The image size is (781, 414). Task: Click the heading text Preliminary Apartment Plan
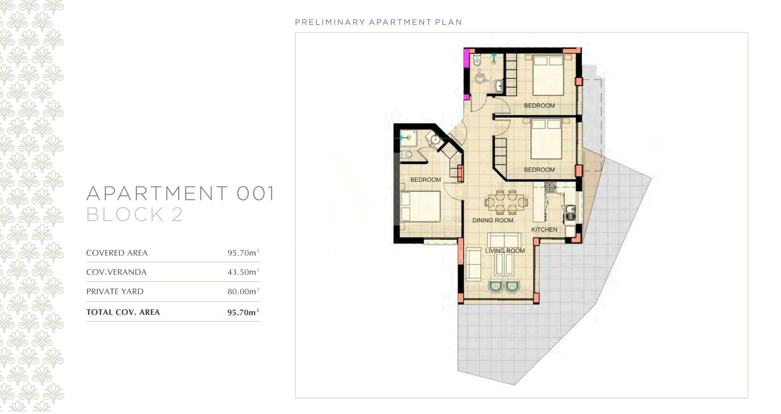pyautogui.click(x=378, y=22)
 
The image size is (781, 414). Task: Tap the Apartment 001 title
pyautogui.click(x=180, y=194)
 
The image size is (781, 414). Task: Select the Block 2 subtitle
pyautogui.click(x=135, y=215)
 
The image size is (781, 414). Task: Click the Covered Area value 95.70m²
pyautogui.click(x=243, y=253)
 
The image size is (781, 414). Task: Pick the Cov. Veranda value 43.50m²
pyautogui.click(x=243, y=272)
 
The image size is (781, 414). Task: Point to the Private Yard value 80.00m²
pyautogui.click(x=243, y=292)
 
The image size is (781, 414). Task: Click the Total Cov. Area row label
pyautogui.click(x=123, y=312)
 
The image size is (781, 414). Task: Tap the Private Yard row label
pyautogui.click(x=115, y=292)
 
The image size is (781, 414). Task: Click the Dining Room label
pyautogui.click(x=493, y=221)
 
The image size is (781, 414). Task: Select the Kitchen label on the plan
pyautogui.click(x=544, y=230)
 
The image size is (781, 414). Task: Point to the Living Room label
pyautogui.click(x=505, y=251)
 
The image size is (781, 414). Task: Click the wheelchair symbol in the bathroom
pyautogui.click(x=481, y=77)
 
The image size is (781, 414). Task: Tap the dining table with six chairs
pyautogui.click(x=506, y=202)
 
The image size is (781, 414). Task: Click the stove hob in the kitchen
pyautogui.click(x=550, y=187)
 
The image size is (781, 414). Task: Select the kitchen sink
pyautogui.click(x=570, y=213)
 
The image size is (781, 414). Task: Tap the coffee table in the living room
pyautogui.click(x=505, y=265)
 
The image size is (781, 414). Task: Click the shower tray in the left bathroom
pyautogui.click(x=408, y=138)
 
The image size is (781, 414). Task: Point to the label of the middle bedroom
pyautogui.click(x=539, y=170)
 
